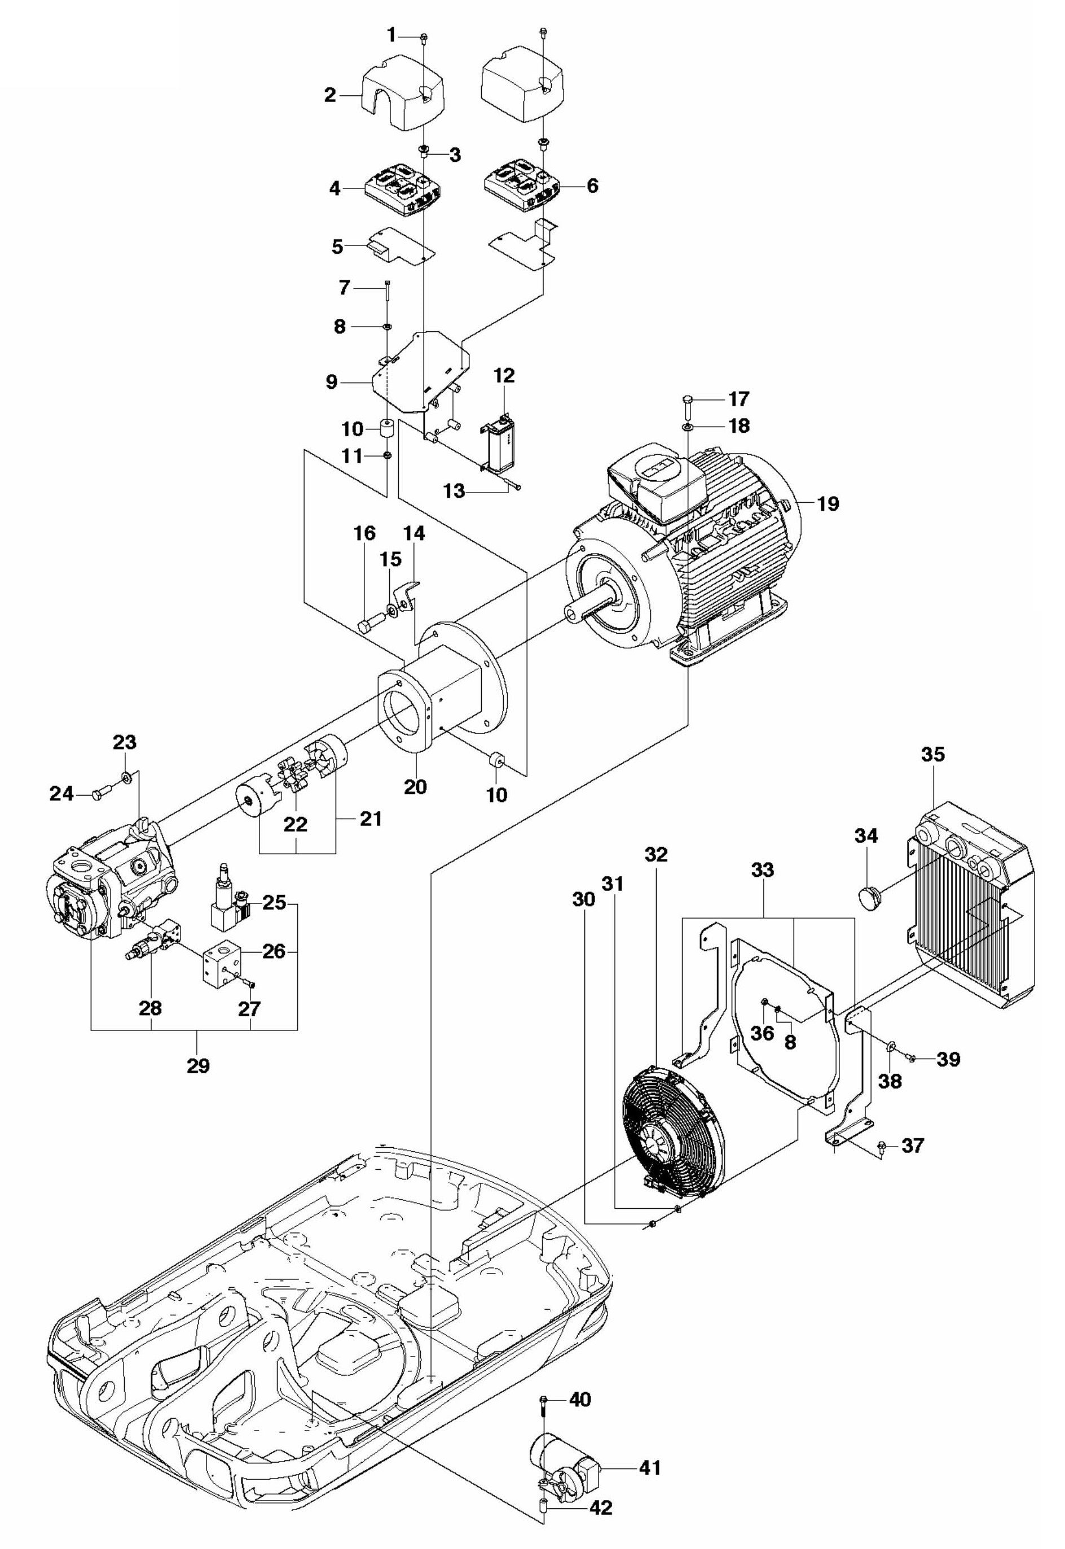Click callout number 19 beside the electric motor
click(828, 503)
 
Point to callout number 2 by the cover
click(331, 95)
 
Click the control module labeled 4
click(403, 190)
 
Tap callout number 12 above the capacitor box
click(504, 375)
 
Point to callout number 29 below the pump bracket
click(198, 1066)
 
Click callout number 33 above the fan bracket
click(762, 870)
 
